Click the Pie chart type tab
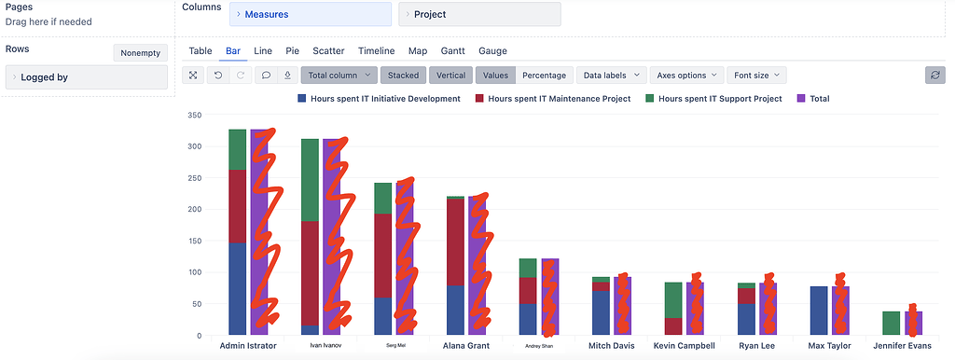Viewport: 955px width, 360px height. (292, 51)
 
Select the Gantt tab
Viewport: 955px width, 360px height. (452, 51)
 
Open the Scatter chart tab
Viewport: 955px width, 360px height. (328, 51)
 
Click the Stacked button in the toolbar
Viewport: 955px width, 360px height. (403, 76)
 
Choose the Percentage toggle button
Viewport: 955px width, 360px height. (543, 76)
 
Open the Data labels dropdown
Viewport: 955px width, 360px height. (612, 76)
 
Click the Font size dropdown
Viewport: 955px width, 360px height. (756, 76)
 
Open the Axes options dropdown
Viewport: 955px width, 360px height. (686, 76)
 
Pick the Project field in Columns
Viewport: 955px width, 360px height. (479, 14)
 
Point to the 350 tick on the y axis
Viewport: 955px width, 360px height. (194, 116)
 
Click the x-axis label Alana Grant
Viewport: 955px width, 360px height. (465, 345)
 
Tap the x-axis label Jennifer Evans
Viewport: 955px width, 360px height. (902, 345)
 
